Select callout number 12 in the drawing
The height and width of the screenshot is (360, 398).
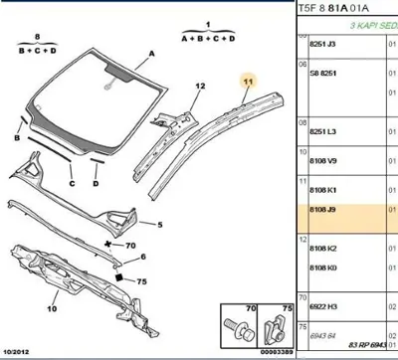(x=199, y=88)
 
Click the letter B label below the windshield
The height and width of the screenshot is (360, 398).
(x=18, y=117)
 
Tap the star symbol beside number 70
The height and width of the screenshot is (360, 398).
(x=108, y=243)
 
